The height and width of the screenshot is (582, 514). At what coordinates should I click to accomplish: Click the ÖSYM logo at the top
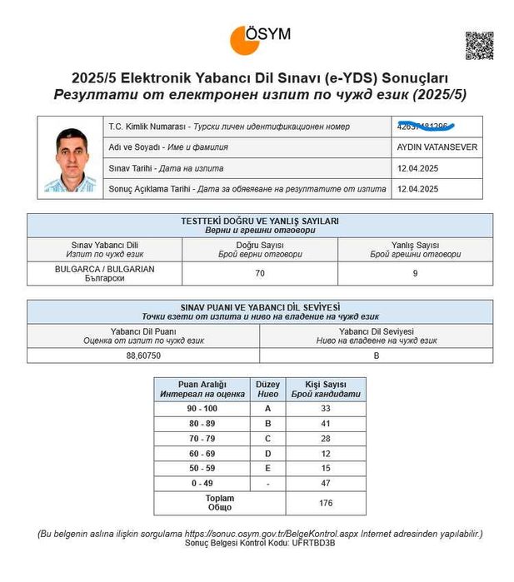(260, 38)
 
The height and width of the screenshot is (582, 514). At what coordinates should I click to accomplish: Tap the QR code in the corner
(480, 45)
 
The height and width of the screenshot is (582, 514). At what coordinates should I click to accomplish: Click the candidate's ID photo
(71, 159)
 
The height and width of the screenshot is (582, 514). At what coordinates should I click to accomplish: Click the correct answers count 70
(260, 273)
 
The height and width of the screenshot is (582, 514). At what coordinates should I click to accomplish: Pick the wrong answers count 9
(415, 273)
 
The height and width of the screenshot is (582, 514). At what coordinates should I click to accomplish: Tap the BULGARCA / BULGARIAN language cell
(104, 273)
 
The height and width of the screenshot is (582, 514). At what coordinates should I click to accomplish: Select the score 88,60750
(143, 355)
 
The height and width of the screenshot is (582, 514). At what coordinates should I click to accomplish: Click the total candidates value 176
(325, 503)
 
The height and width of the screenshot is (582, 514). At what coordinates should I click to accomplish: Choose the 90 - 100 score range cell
(202, 409)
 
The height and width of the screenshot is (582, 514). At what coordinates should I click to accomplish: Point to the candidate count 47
(325, 482)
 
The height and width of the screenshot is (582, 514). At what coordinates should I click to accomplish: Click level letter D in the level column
(267, 454)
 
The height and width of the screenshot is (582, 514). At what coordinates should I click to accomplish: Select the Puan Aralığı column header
(202, 389)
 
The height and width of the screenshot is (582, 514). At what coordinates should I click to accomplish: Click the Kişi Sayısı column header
(325, 389)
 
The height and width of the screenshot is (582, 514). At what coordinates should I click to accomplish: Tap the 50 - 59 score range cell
(202, 468)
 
